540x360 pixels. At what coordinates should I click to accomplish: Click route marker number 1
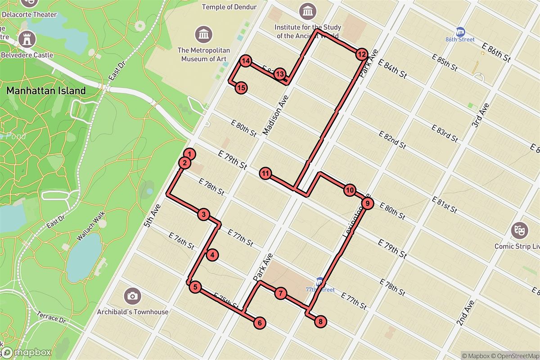(190, 154)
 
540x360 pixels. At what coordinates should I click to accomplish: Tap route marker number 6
(259, 322)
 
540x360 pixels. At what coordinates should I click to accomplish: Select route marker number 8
(320, 322)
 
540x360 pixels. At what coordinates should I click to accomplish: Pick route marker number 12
(361, 55)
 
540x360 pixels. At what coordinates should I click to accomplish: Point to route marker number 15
(241, 88)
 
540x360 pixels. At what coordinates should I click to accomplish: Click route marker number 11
(265, 173)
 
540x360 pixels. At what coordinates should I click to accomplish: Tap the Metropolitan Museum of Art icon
(204, 34)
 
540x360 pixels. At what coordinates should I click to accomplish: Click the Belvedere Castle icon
(28, 39)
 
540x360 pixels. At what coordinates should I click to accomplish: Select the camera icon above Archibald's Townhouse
(132, 296)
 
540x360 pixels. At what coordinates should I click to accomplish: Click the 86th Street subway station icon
(460, 31)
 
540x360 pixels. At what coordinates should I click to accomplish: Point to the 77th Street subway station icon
(320, 282)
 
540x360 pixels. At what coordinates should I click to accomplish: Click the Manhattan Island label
(46, 90)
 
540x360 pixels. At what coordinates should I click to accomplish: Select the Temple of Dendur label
(229, 7)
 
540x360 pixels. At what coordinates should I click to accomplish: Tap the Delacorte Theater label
(29, 14)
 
